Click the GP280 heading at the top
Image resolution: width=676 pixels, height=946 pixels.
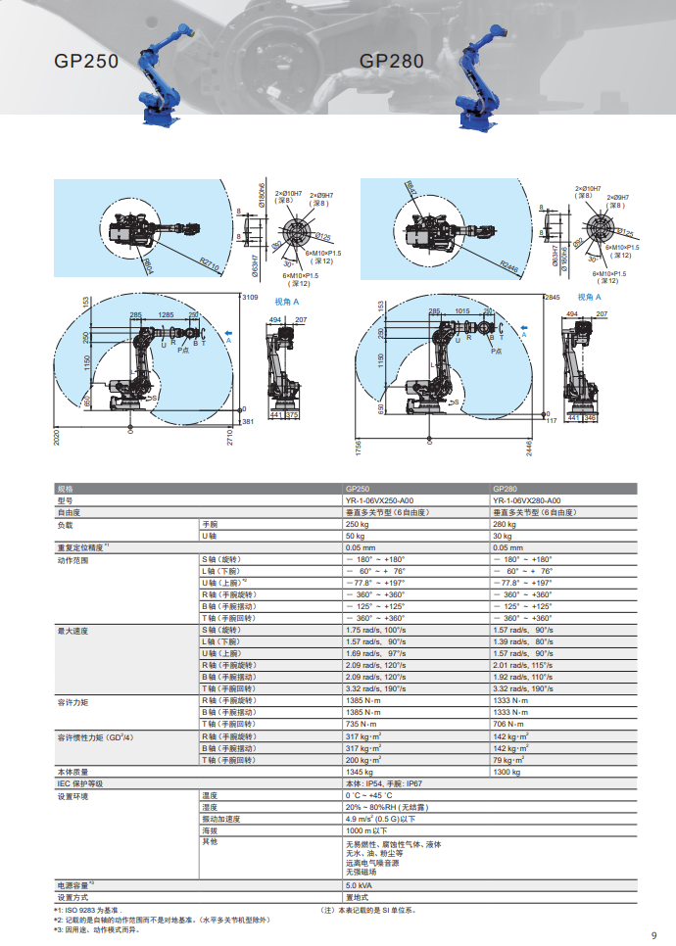392,62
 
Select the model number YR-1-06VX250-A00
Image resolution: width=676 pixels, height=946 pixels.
378,499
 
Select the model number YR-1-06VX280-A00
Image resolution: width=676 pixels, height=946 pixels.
526,499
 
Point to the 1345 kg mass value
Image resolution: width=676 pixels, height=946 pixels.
360,772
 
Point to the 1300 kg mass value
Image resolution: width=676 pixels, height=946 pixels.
507,772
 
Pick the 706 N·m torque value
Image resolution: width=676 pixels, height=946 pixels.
509,725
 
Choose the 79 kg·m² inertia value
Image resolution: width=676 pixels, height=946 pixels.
508,760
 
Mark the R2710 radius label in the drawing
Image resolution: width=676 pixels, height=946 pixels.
209,261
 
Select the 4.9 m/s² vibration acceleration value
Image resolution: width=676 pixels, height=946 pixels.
380,819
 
